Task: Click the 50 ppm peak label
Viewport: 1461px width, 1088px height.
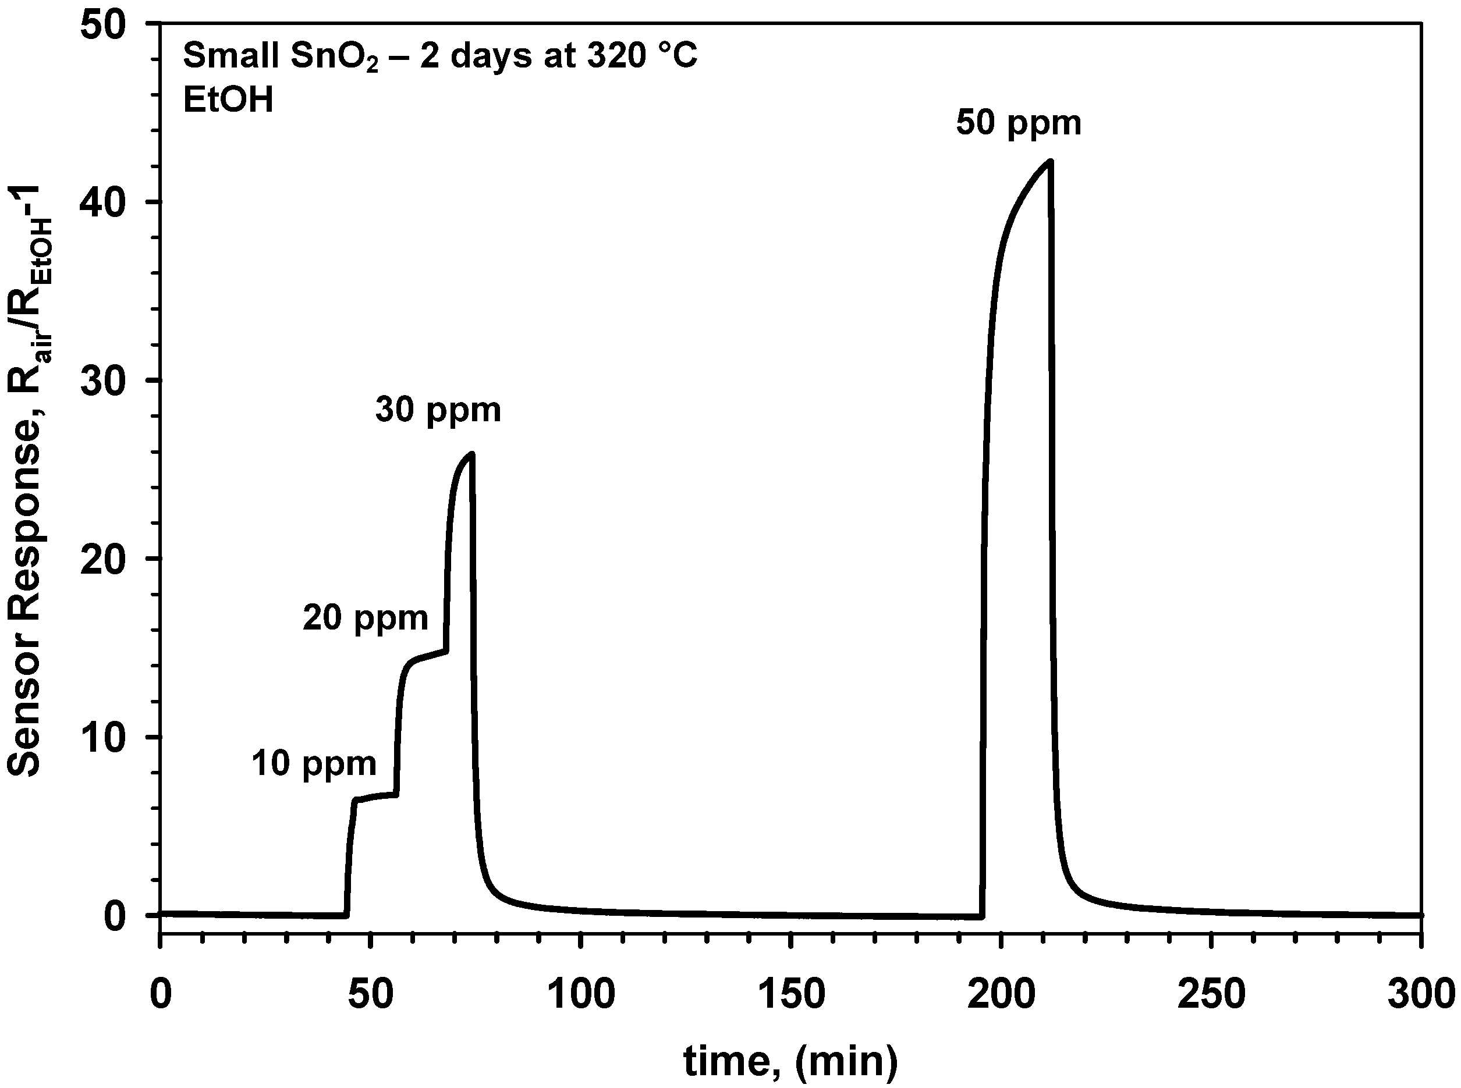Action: tap(1019, 124)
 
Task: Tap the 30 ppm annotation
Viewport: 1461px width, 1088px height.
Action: tap(438, 410)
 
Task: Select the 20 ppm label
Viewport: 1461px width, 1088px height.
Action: tap(366, 618)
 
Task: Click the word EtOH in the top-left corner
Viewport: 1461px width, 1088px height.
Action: tap(228, 101)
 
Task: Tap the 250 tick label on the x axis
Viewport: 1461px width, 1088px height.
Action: tap(1211, 994)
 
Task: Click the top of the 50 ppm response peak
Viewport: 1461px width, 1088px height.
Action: tap(1050, 161)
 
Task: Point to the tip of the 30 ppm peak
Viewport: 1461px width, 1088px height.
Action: tap(471, 454)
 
